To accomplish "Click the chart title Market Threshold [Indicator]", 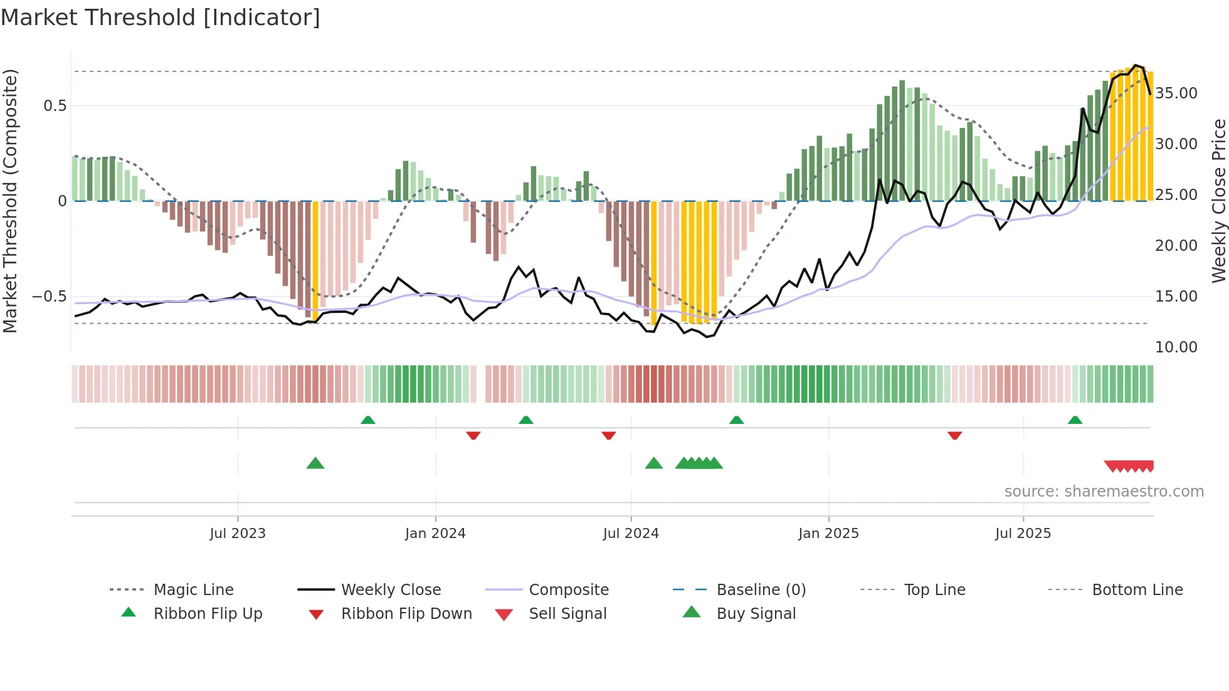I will coord(161,18).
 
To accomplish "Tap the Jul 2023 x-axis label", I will coord(238,534).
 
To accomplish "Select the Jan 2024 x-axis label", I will coord(435,534).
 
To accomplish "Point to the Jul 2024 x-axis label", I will coord(631,534).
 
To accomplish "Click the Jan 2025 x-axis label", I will coord(828,534).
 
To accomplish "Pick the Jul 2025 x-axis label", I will coord(1023,534).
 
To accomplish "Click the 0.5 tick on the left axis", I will coord(55,106).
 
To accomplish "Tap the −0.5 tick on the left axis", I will coord(50,297).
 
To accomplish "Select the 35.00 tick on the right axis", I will coord(1176,93).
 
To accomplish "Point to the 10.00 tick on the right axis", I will coord(1176,347).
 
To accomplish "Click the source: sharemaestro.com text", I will coord(1104,492).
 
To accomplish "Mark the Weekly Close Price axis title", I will coord(1218,201).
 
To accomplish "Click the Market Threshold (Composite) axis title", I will coord(10,201).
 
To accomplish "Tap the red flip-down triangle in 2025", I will coord(954,435).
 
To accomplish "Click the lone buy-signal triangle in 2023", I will coord(315,463).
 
